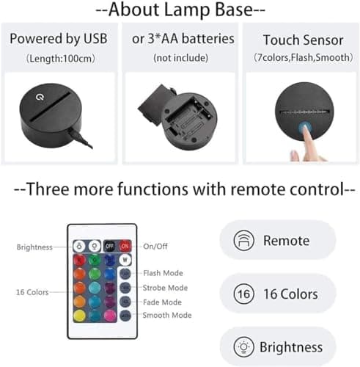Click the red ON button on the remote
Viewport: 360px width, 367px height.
coord(125,246)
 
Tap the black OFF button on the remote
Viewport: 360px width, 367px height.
coord(109,246)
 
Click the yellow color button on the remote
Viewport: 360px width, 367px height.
coord(80,316)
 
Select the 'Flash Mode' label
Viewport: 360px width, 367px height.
coord(163,273)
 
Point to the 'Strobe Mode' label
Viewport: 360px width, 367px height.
coord(165,288)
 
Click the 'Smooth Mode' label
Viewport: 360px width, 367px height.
coord(167,315)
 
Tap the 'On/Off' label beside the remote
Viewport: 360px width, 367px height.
coord(155,246)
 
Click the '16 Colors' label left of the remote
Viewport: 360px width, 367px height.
coord(32,292)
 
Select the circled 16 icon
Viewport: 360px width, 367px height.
coord(243,294)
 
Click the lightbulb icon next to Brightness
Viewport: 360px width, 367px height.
coord(243,346)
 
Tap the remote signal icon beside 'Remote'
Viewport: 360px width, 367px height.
coord(243,240)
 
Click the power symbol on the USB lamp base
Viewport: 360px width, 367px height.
coord(40,97)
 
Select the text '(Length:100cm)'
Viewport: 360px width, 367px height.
coord(60,59)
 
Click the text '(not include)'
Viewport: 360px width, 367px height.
coord(180,58)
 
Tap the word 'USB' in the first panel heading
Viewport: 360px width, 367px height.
coord(95,39)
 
